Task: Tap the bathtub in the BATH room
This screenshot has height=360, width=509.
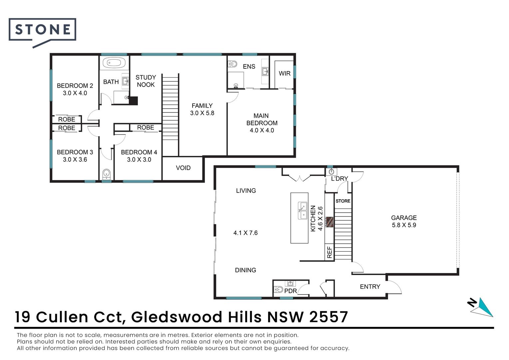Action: tap(114, 63)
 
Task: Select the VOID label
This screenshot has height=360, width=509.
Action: tap(183, 168)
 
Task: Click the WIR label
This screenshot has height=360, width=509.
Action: tap(284, 73)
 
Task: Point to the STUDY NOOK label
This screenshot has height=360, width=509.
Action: tap(146, 81)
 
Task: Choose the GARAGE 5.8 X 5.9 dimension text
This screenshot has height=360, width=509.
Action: tap(404, 225)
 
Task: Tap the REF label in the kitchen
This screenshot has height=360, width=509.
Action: tap(329, 252)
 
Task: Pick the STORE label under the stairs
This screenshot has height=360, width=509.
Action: tap(343, 201)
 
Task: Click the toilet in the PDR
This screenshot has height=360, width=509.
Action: tap(278, 289)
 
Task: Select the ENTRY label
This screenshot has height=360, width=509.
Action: tap(370, 287)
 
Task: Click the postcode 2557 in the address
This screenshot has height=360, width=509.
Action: tap(329, 317)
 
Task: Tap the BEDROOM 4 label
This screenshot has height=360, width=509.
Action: tap(139, 152)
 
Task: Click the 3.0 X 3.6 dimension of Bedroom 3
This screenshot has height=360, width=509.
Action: tap(75, 160)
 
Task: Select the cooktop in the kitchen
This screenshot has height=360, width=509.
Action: tap(330, 222)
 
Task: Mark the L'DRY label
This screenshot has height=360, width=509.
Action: tap(339, 179)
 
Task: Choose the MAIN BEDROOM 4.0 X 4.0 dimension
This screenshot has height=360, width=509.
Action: tap(262, 130)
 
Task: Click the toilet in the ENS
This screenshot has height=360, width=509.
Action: tap(233, 64)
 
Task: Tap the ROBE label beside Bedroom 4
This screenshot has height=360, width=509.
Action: tap(146, 127)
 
